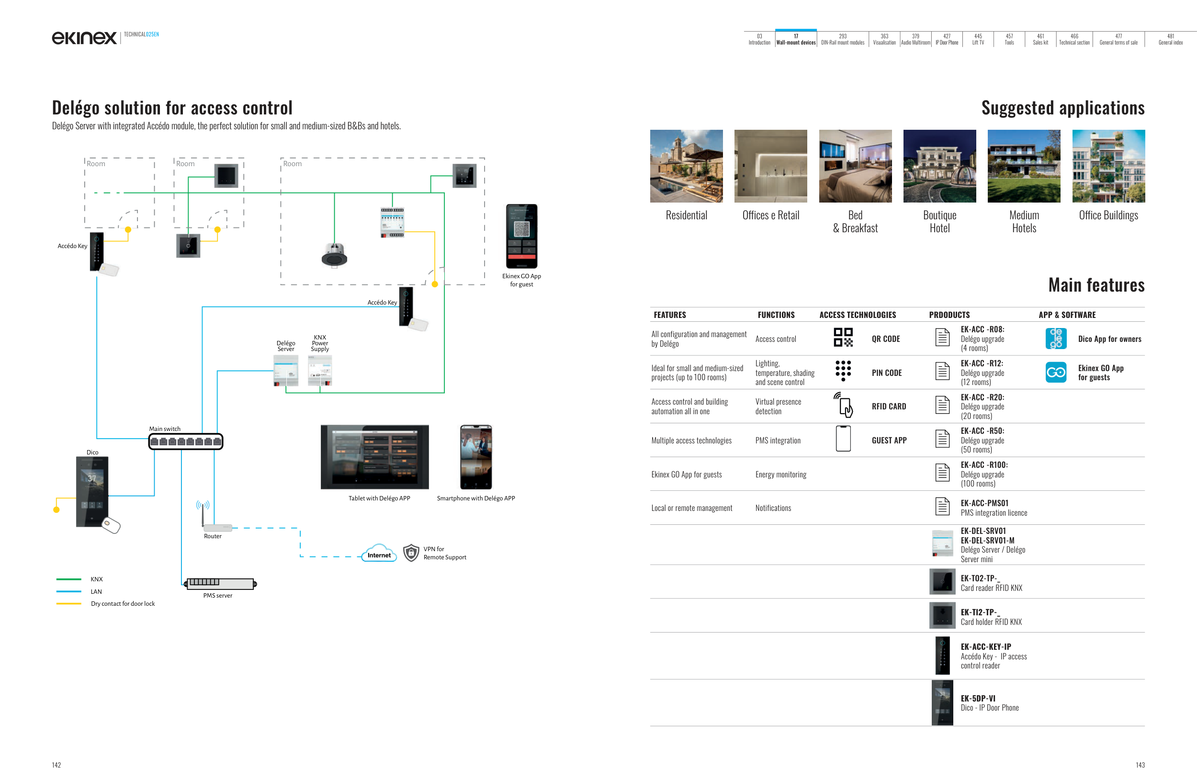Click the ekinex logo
[x=84, y=37]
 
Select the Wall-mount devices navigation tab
[x=796, y=39]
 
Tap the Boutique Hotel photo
[x=939, y=166]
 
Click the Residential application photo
[x=686, y=166]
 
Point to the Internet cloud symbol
[x=379, y=553]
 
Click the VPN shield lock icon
[x=411, y=553]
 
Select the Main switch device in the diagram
[x=186, y=441]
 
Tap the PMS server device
[x=220, y=583]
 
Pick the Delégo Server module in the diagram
[x=286, y=371]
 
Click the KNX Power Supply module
[x=320, y=371]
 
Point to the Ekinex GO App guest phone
[x=521, y=236]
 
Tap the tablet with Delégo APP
[x=375, y=457]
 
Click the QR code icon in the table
[x=843, y=338]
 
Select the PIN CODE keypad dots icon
[x=843, y=371]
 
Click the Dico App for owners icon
[x=1056, y=339]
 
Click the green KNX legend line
[x=69, y=579]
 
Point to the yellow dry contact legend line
[x=69, y=603]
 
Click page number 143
[x=1140, y=765]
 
